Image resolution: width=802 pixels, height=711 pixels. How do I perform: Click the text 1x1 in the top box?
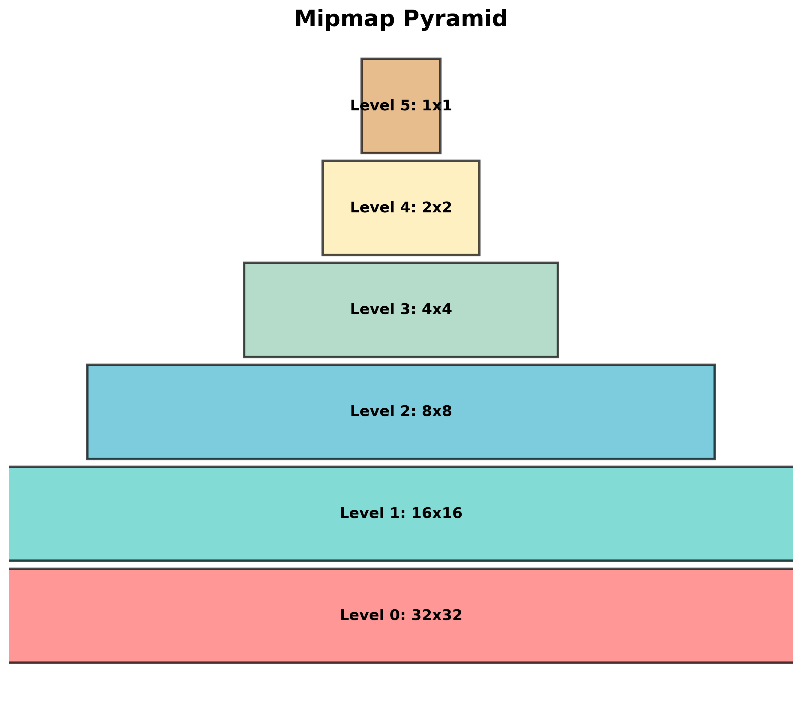[437, 106]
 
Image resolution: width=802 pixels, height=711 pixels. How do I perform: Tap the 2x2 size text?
[437, 208]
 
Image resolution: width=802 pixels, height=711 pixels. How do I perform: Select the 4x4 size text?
[437, 310]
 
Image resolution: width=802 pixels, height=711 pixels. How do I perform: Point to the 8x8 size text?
[437, 412]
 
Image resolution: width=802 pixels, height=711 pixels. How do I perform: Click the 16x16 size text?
[437, 513]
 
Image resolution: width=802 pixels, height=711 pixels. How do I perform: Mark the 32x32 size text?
[437, 615]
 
